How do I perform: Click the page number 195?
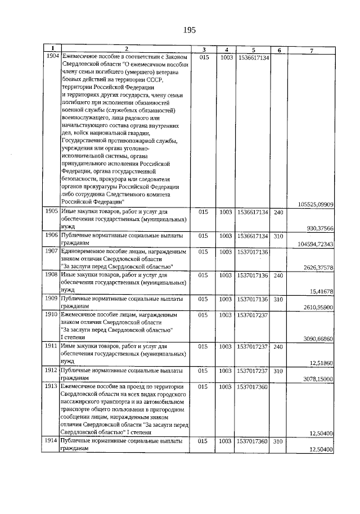pyautogui.click(x=188, y=30)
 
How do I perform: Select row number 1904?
pyautogui.click(x=52, y=57)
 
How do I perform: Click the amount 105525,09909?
pyautogui.click(x=313, y=204)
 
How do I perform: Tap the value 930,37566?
pyautogui.click(x=321, y=228)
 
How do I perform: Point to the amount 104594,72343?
pyautogui.click(x=313, y=244)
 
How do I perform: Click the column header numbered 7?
pyautogui.click(x=311, y=50)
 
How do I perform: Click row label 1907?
pyautogui.click(x=52, y=251)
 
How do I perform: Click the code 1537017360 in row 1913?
pyautogui.click(x=253, y=387)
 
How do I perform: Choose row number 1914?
pyautogui.click(x=52, y=442)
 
